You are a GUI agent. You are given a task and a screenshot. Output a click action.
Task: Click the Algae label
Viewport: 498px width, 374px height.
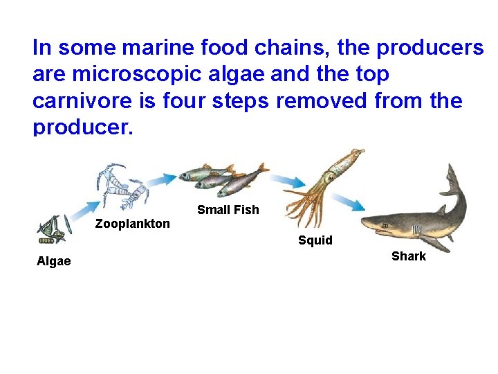54,261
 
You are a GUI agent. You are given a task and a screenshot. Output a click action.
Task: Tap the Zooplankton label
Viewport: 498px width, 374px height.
132,224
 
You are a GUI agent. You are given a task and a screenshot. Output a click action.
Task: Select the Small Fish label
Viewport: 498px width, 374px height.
228,210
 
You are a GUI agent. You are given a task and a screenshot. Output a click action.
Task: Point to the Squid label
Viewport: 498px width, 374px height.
315,240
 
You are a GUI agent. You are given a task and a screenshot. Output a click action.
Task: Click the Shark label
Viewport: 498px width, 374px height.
409,256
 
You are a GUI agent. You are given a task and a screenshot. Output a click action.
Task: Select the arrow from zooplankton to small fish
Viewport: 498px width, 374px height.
162,179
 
